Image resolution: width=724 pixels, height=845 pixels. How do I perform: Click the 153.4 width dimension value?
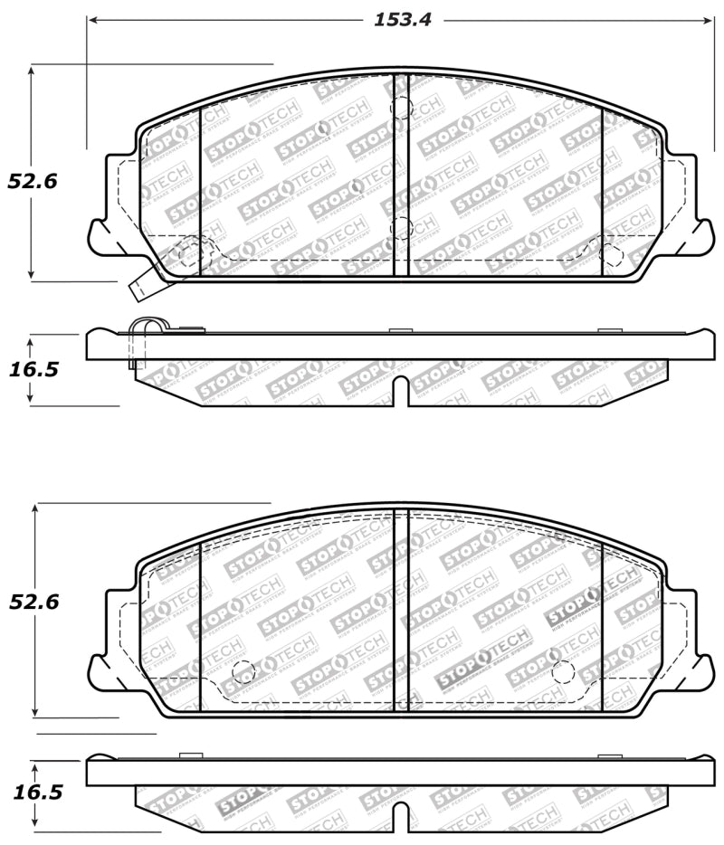click(x=403, y=20)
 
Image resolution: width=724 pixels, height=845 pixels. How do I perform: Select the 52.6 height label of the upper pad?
click(x=33, y=181)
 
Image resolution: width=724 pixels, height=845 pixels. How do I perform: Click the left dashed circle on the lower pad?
click(x=243, y=671)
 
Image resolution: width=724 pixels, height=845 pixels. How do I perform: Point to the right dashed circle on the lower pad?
click(x=563, y=671)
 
